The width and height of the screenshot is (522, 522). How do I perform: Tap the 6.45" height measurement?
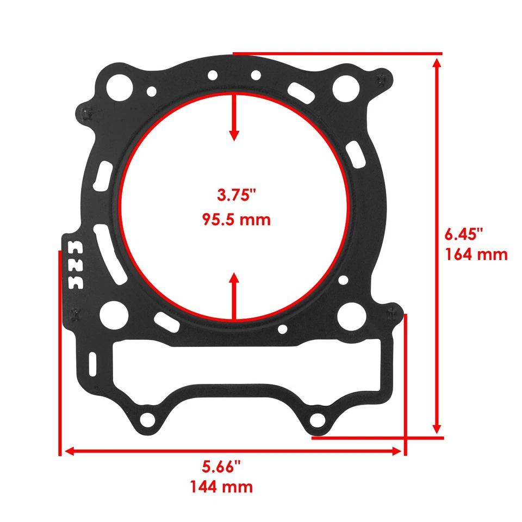pyautogui.click(x=464, y=234)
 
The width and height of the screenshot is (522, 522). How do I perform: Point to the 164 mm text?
pyautogui.click(x=476, y=254)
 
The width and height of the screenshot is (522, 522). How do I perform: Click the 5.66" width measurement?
pyautogui.click(x=221, y=467)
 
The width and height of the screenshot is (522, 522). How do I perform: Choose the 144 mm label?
pyautogui.click(x=221, y=486)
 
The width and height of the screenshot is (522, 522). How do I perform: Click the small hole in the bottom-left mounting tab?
pyautogui.click(x=146, y=420)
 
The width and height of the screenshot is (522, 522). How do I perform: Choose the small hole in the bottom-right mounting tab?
pyautogui.click(x=317, y=419)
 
